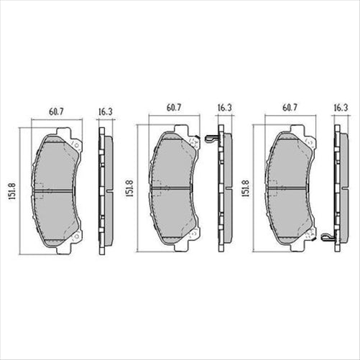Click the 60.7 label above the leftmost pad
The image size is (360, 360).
coord(57,111)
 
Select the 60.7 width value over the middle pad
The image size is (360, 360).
coord(173,107)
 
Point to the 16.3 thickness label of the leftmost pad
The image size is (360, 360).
coord(105,111)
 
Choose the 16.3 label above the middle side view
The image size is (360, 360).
coord(223,107)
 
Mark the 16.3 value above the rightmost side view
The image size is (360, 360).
coord(341,107)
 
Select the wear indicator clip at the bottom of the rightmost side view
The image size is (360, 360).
coord(328,236)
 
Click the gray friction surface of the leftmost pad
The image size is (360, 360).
coord(57,165)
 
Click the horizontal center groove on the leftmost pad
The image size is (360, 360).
coord(57,191)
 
